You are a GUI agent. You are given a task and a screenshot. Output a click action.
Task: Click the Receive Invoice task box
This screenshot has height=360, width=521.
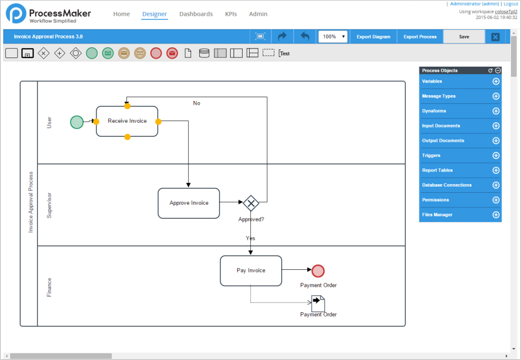[x=127, y=121]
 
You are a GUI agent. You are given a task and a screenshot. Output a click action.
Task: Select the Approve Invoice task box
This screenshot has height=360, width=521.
[x=188, y=203]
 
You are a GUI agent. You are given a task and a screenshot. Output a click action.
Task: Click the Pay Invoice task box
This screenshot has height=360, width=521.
[x=251, y=270]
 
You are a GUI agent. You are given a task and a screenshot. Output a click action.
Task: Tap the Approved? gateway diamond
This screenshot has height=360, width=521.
[x=251, y=204]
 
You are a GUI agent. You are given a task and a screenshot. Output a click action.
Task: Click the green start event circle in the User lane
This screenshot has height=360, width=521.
[x=77, y=122]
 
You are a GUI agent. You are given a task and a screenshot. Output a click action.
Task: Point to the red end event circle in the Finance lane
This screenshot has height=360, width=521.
[x=318, y=271]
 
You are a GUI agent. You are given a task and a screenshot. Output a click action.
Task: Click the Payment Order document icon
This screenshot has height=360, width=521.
[x=318, y=302]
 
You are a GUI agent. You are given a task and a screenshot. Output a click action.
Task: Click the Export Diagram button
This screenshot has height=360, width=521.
[x=373, y=37]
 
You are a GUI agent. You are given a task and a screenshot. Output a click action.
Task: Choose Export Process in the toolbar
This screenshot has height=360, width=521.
[x=420, y=37]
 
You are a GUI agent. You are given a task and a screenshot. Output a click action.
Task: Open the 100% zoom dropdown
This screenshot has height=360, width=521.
[x=333, y=37]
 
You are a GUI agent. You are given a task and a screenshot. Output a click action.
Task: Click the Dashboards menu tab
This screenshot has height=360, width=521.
[x=196, y=14]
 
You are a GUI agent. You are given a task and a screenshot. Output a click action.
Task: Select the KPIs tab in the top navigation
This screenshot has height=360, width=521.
[x=231, y=14]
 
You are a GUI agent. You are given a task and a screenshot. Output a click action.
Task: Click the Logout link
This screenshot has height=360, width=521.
[x=511, y=4]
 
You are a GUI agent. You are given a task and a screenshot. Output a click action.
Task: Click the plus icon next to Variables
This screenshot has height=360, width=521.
[x=495, y=81]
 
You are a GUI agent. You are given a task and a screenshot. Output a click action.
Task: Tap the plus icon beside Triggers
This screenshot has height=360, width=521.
[x=495, y=155]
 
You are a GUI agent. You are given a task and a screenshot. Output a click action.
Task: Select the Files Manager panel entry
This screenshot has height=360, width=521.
[x=437, y=215]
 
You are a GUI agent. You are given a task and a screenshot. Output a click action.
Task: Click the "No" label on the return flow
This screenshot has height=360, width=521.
[x=196, y=103]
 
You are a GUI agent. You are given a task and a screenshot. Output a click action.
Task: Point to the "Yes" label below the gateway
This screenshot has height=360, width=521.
[x=250, y=238]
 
